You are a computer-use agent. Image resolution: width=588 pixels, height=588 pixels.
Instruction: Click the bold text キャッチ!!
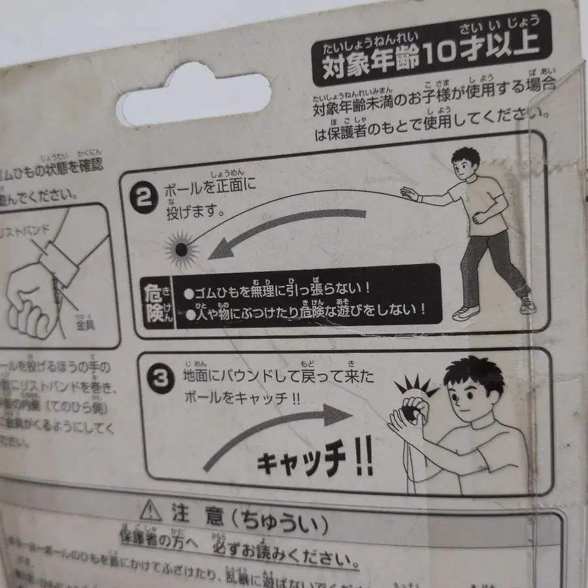pyautogui.click(x=314, y=462)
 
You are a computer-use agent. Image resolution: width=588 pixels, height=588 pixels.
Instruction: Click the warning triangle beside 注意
pyautogui.click(x=151, y=509)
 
